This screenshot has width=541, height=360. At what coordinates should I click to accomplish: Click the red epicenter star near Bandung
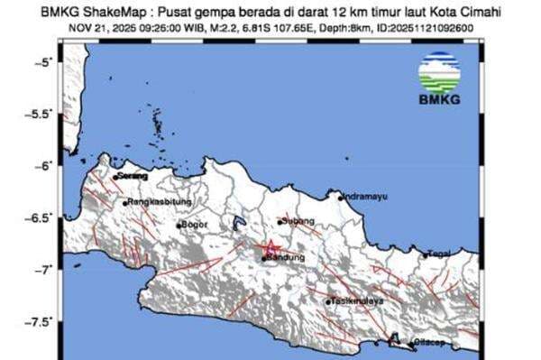(x=270, y=247)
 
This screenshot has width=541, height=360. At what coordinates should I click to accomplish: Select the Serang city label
(x=133, y=175)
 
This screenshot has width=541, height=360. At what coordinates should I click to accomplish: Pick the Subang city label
(x=298, y=220)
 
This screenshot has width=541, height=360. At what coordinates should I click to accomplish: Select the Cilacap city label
(x=423, y=342)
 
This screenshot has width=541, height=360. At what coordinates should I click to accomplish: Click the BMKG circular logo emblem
(x=439, y=71)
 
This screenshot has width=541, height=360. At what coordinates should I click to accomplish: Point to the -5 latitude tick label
(x=42, y=62)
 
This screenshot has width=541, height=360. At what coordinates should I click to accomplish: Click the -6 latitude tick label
(x=42, y=166)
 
